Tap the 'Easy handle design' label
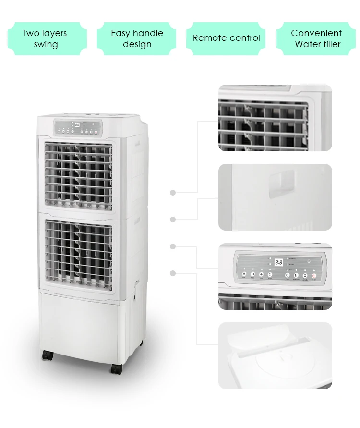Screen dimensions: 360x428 click(137, 38)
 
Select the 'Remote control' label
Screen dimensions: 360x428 click(226, 38)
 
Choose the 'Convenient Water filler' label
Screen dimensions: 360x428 click(317, 38)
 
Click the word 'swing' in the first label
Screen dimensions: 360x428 click(46, 44)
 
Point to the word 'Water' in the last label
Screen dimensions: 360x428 click(307, 44)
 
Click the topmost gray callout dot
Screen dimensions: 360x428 click(173, 193)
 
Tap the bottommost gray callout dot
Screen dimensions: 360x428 click(173, 273)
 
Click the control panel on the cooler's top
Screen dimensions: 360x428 click(77, 127)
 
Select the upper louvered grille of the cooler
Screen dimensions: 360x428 click(79, 176)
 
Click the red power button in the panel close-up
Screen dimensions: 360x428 click(314, 276)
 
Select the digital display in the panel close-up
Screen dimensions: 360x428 click(278, 262)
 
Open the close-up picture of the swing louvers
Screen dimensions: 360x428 click(275, 118)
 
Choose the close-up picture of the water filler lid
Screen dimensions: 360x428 click(275, 355)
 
